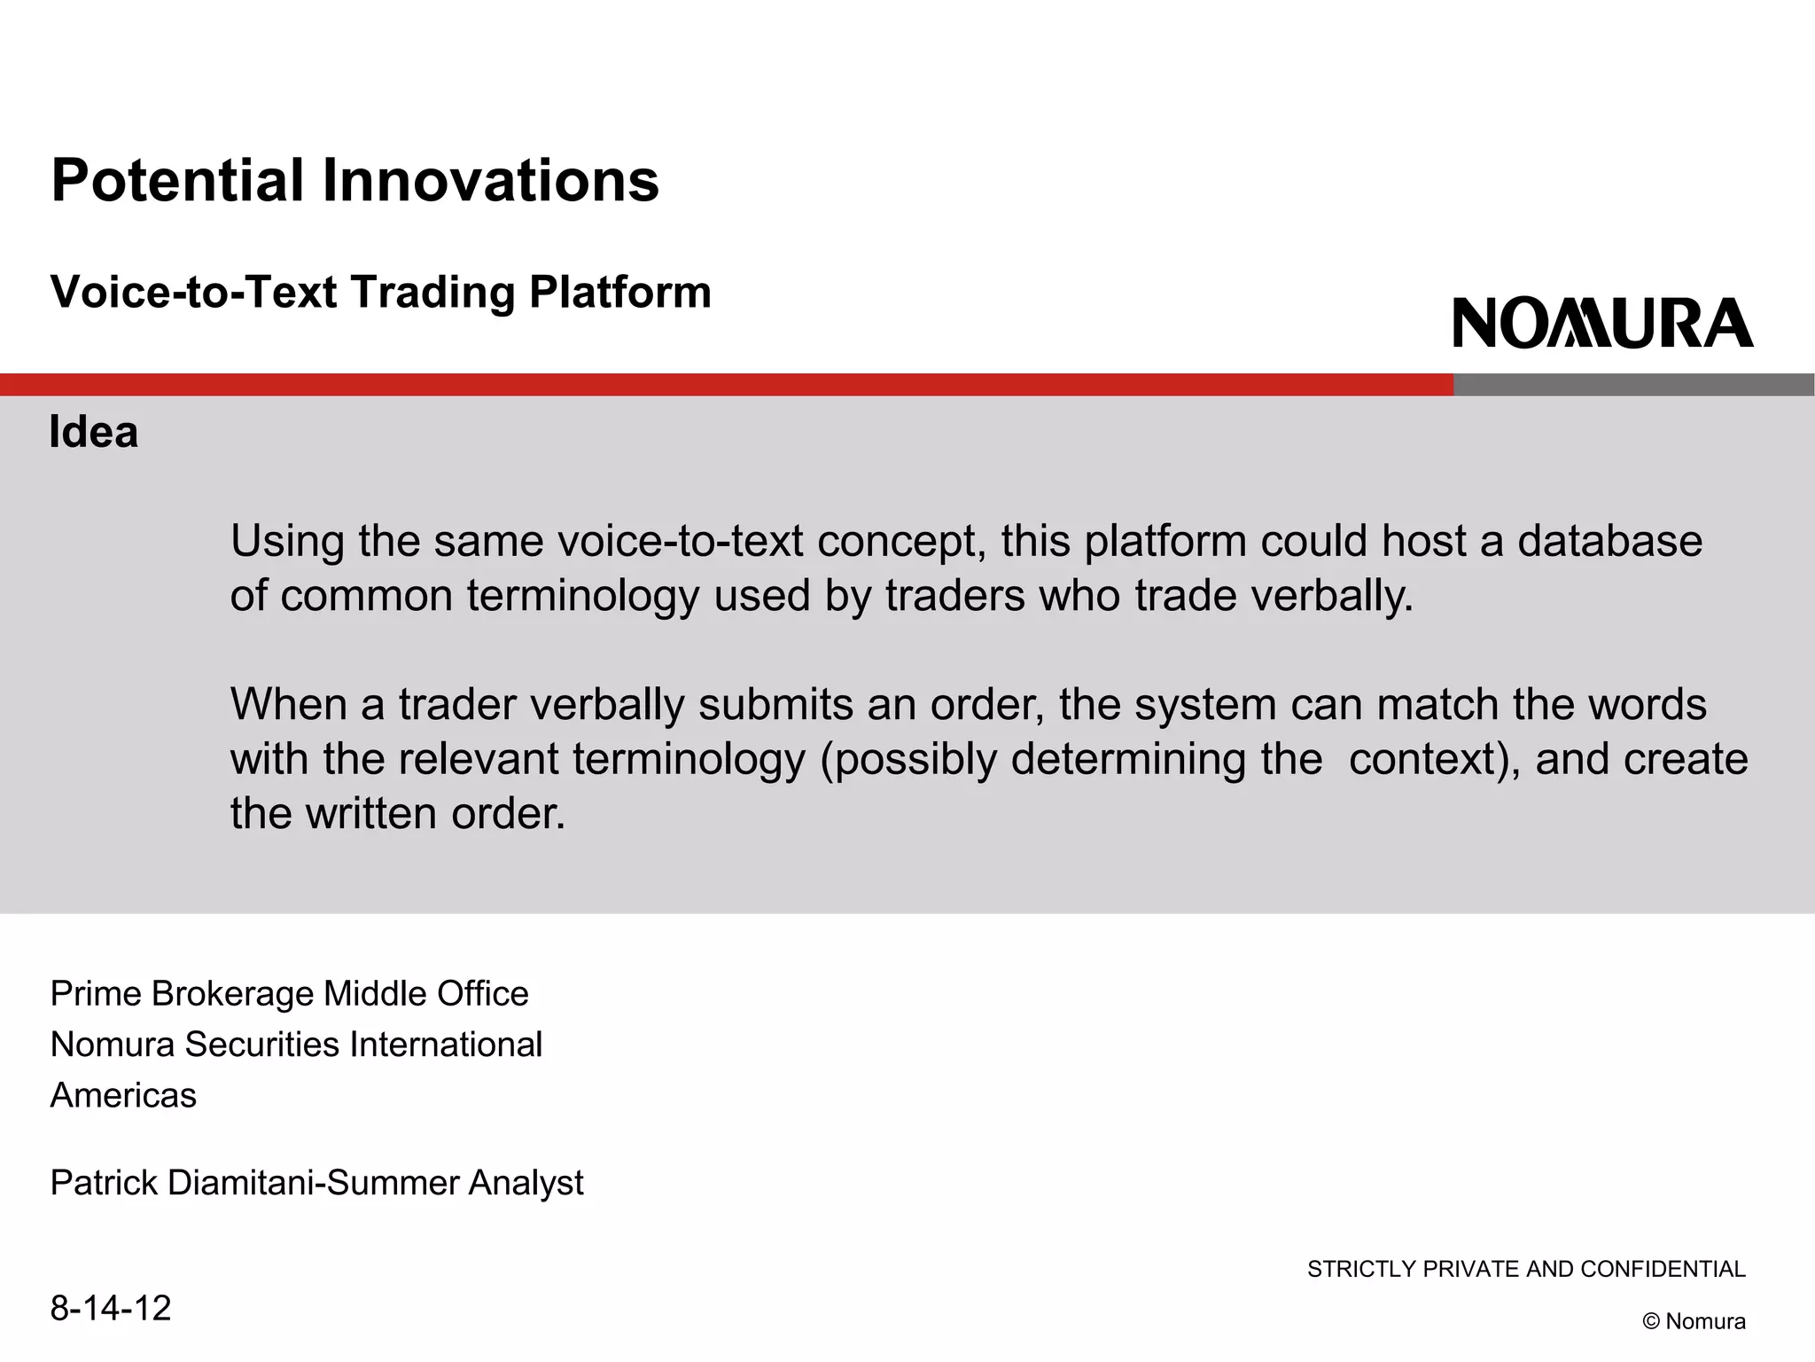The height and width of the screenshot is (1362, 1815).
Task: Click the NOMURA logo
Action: (x=1602, y=324)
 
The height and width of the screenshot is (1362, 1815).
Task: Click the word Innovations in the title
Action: (x=490, y=181)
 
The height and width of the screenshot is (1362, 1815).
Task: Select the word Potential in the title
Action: (x=177, y=181)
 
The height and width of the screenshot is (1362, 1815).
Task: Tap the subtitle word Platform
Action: (x=619, y=293)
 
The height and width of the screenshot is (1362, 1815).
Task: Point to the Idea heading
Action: (x=94, y=433)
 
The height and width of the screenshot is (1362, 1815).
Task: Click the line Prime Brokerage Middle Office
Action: (x=289, y=994)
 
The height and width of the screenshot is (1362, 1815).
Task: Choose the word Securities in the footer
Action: (x=261, y=1045)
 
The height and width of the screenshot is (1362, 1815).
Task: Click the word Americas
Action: (x=123, y=1096)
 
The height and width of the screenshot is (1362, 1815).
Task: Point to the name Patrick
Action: (x=104, y=1183)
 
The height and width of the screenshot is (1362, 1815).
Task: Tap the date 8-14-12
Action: (x=110, y=1309)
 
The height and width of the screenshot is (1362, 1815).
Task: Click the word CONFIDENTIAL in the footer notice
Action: (x=1662, y=1270)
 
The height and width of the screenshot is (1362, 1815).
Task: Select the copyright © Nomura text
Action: (x=1694, y=1322)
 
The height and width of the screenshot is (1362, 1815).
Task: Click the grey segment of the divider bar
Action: (x=1633, y=385)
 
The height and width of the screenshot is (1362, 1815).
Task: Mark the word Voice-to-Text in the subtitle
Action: (x=193, y=293)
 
